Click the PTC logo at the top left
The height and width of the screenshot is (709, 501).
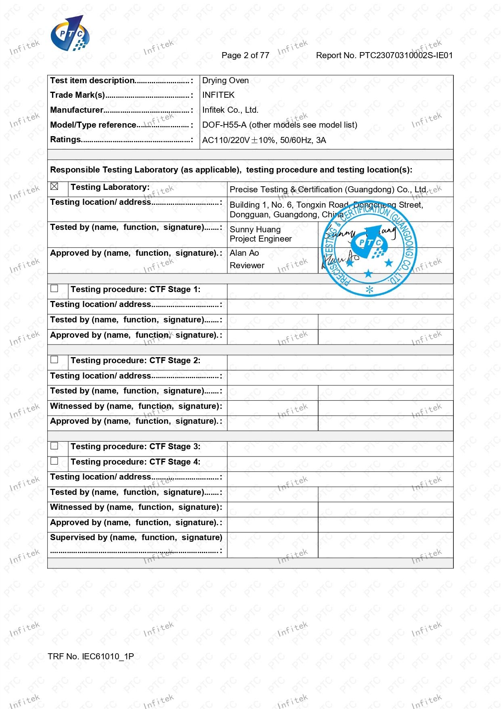69,34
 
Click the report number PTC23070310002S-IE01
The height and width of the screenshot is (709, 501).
384,55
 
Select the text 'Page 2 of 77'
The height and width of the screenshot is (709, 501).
245,55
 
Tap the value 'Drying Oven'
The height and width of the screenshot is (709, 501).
225,80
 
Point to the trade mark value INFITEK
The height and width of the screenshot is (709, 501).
218,95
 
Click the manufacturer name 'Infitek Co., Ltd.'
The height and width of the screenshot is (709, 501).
230,110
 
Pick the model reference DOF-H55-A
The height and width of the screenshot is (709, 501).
224,125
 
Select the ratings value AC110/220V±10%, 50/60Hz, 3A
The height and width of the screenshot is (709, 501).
264,140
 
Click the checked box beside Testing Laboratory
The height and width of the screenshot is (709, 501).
55,186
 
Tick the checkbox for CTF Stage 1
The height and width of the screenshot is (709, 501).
55,288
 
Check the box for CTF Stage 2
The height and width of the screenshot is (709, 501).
55,360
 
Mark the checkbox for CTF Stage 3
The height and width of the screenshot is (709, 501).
55,446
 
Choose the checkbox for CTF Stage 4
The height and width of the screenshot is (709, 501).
55,461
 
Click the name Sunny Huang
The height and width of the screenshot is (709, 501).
255,229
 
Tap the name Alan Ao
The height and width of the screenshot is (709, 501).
244,253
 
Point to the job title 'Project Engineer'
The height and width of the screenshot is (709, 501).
260,239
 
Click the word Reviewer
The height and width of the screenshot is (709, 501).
247,265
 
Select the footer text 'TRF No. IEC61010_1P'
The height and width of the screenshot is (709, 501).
90,656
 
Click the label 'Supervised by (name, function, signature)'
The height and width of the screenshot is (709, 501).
136,537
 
